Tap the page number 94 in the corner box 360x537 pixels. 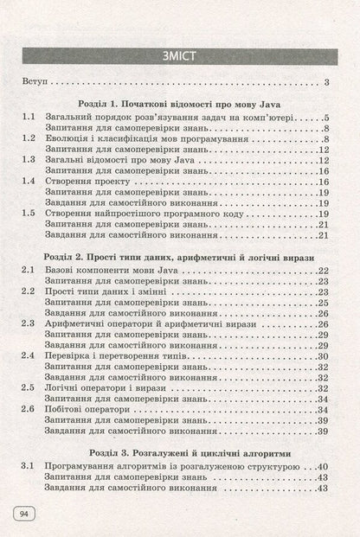pyautogui.click(x=22, y=515)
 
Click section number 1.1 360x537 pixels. pyautogui.click(x=28, y=117)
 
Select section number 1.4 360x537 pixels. pyautogui.click(x=28, y=181)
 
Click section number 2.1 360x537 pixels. pyautogui.click(x=28, y=272)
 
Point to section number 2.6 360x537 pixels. pyautogui.click(x=28, y=409)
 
